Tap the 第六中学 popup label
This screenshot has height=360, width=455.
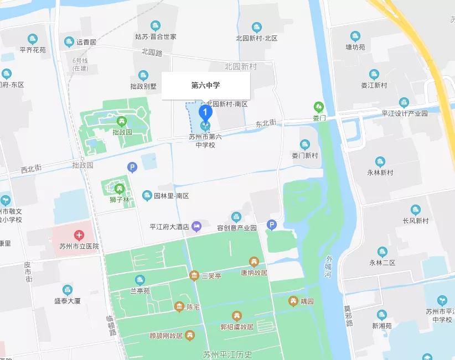tap(206, 86)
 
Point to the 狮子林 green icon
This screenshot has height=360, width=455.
tap(118, 189)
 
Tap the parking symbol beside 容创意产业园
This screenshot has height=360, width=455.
tap(271, 224)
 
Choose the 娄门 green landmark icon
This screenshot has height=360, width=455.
tap(318, 106)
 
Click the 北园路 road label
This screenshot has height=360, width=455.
tap(152, 53)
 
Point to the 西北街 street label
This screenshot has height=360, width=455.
tap(31, 169)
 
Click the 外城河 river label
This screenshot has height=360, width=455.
tap(330, 267)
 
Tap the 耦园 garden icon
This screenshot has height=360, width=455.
tap(293, 301)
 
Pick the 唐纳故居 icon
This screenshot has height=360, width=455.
tap(254, 262)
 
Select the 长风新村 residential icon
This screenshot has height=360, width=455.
tap(416, 210)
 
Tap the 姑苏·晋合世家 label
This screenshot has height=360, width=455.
tap(156, 36)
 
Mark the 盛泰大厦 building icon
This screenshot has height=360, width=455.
tap(68, 290)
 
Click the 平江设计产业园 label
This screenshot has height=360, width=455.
tap(405, 113)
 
